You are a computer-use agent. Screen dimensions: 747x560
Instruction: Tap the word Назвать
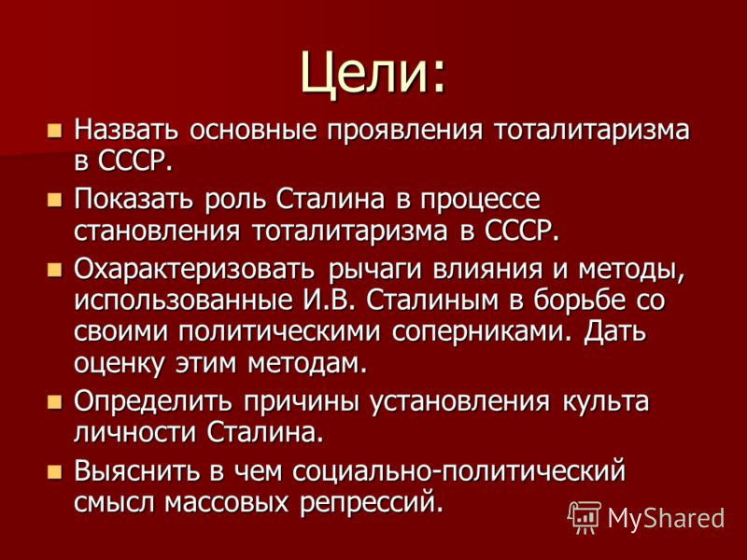click(x=126, y=130)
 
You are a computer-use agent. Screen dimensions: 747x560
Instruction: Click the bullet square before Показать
click(x=55, y=199)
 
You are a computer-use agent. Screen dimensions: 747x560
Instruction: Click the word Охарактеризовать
click(x=194, y=269)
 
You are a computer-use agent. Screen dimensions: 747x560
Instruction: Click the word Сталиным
click(x=433, y=301)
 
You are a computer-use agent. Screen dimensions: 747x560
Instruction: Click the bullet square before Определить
click(x=55, y=402)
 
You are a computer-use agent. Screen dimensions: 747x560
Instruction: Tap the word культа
click(x=605, y=402)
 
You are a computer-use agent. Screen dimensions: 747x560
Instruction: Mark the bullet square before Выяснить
click(x=55, y=472)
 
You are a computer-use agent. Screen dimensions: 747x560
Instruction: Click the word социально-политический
click(x=458, y=471)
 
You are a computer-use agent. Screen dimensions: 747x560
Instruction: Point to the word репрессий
click(x=368, y=504)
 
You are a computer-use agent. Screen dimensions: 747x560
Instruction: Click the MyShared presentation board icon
click(x=585, y=517)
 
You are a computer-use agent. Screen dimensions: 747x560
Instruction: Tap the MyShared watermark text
click(x=666, y=518)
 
